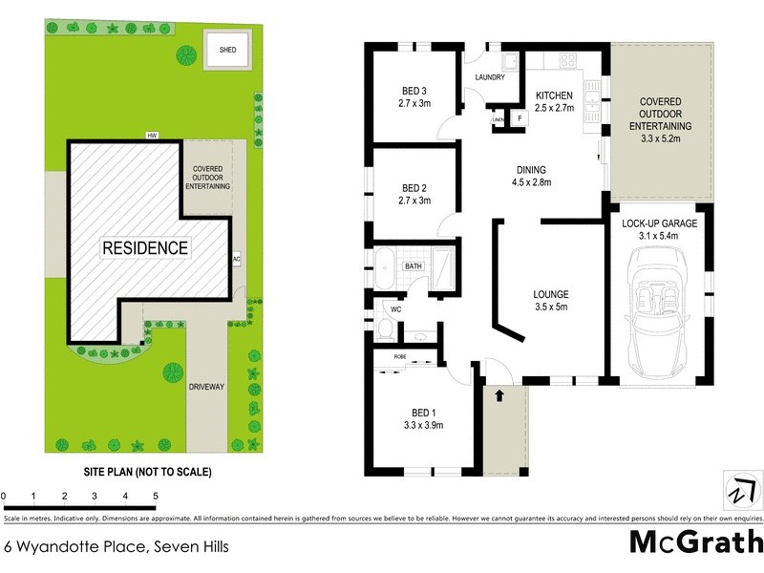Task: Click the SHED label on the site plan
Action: click(226, 50)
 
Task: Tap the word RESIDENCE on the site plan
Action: click(145, 247)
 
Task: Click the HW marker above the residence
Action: click(151, 136)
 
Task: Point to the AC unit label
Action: click(235, 259)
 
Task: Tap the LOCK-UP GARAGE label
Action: click(661, 223)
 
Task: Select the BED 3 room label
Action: click(414, 93)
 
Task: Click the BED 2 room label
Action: click(414, 187)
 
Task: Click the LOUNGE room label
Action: click(551, 294)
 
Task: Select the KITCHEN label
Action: click(553, 95)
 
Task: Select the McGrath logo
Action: click(695, 542)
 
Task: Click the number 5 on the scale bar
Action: click(155, 497)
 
